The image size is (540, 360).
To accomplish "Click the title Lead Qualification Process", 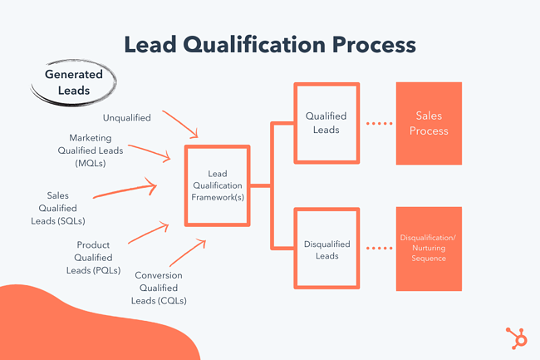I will tap(269, 44).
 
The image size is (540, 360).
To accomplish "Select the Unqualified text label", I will tap(127, 118).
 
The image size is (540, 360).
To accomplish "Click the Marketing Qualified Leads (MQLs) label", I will tap(89, 150).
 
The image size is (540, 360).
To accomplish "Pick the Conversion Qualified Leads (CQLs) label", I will tap(160, 288).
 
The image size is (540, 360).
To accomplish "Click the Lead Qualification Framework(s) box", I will tap(217, 185).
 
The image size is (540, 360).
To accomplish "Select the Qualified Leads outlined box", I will tap(326, 123).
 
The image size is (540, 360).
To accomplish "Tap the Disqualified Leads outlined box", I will tap(326, 249).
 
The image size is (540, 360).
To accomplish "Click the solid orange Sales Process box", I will tap(429, 123).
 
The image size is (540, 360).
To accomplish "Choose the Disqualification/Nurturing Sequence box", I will tap(429, 248).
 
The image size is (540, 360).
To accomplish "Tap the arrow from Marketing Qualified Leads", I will tap(151, 152).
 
